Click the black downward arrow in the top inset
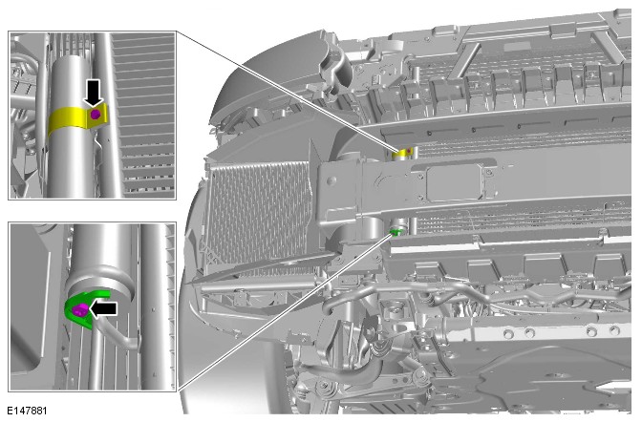point(94,93)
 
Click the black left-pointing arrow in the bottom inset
point(103,309)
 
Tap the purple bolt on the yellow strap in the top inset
point(96,115)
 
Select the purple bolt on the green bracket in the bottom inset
point(79,310)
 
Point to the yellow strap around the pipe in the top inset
point(77,118)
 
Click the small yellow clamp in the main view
point(402,153)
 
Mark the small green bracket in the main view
point(396,233)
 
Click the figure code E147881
point(27,411)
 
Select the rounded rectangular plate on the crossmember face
point(454,183)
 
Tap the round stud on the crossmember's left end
point(332,180)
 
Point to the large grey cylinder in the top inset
point(71,127)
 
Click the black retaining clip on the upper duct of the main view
point(336,67)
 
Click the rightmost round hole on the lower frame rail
point(613,330)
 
